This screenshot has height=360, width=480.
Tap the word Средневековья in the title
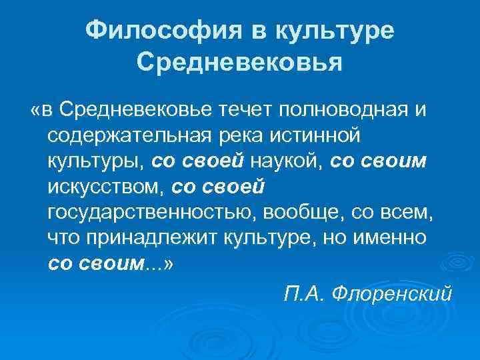[239, 64]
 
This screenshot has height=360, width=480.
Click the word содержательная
[127, 135]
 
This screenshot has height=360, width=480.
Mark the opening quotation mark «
[35, 109]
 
